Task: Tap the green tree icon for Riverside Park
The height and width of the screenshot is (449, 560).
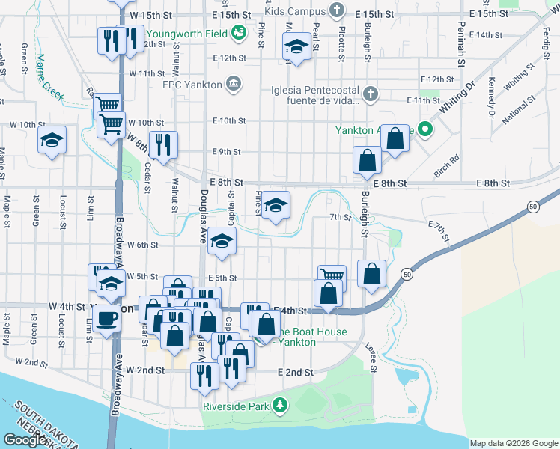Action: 280,405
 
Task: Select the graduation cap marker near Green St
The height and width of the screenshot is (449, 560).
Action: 52,140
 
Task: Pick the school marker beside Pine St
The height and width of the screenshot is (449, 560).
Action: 276,204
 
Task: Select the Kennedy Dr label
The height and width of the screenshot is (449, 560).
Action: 492,97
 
